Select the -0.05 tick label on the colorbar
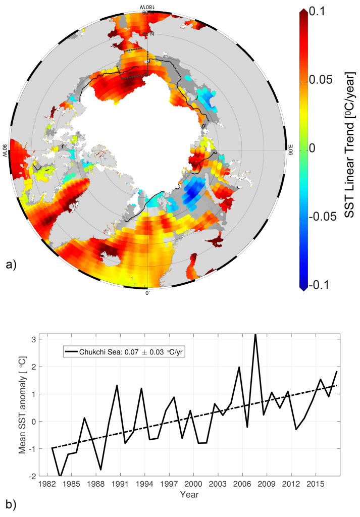tap(326, 217)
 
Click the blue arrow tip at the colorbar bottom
tap(302, 287)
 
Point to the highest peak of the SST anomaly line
tap(255, 335)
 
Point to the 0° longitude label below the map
tap(148, 293)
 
